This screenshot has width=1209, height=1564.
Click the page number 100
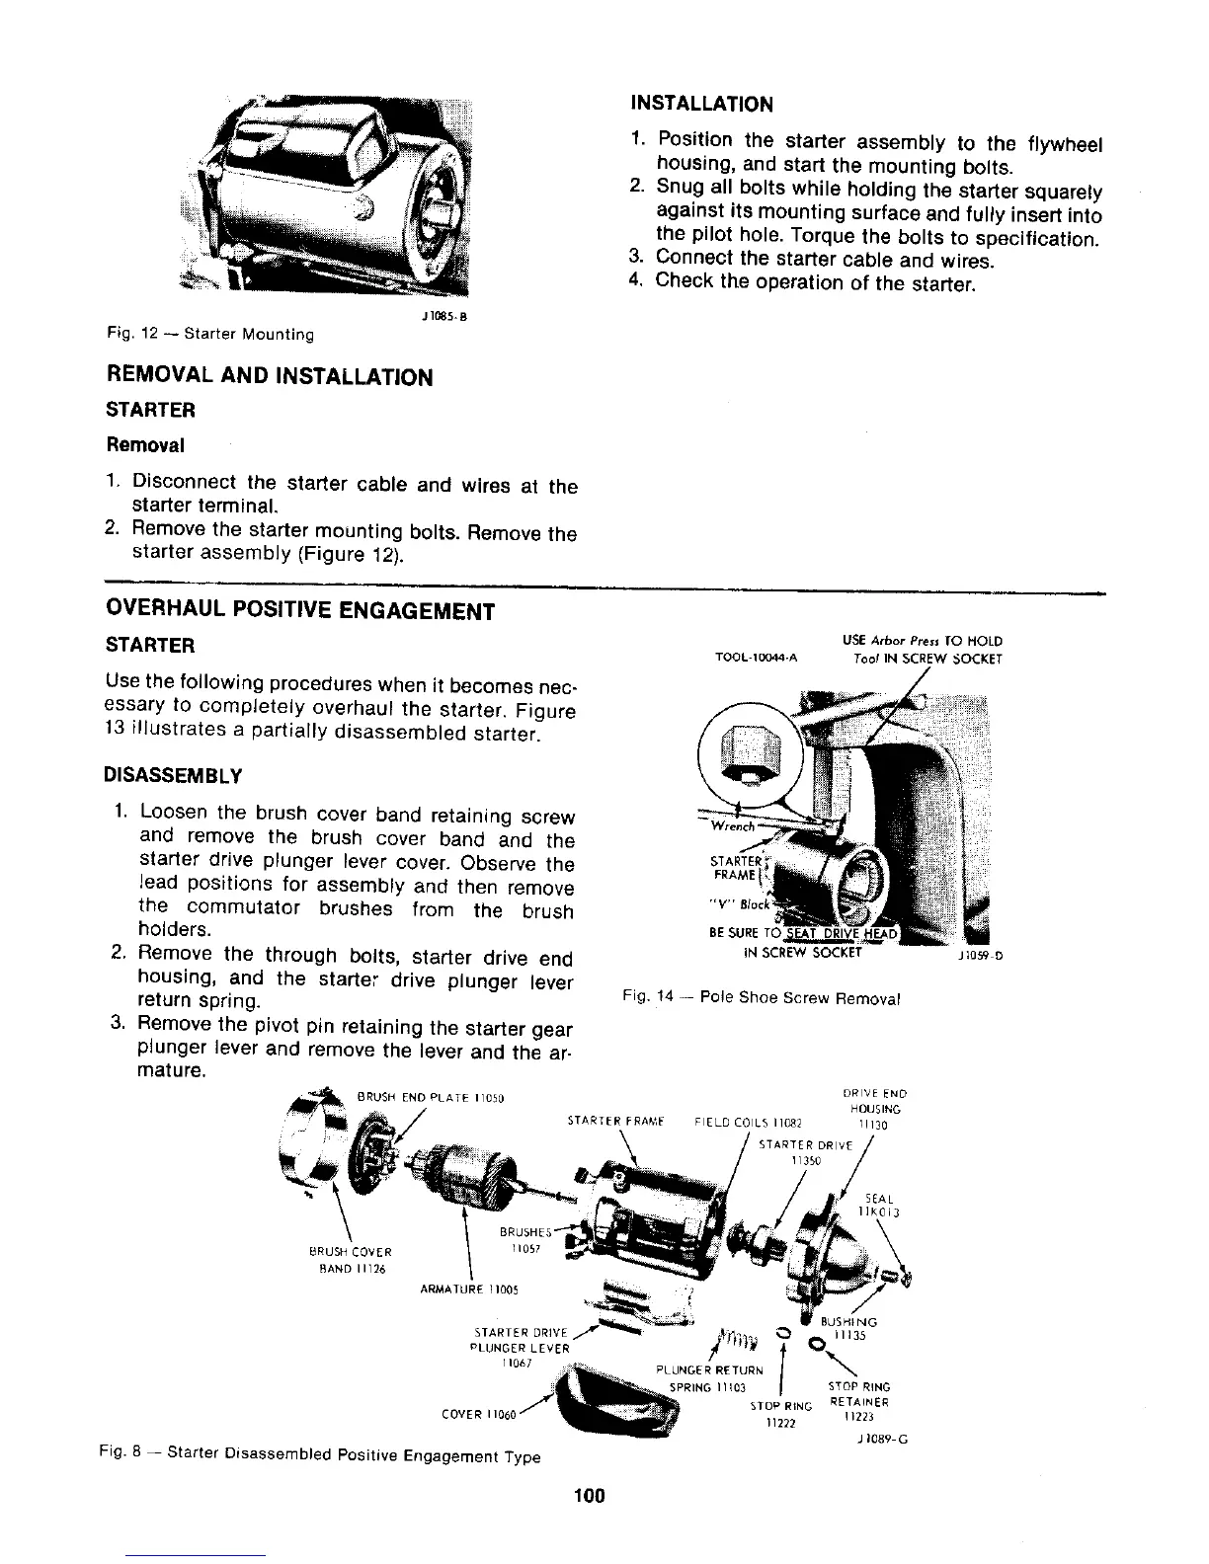[588, 1496]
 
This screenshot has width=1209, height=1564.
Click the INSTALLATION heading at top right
[701, 104]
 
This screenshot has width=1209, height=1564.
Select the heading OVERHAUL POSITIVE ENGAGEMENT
[298, 611]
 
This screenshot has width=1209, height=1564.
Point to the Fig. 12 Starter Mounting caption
[209, 335]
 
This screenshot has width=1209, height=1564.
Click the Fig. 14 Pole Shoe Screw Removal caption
[761, 997]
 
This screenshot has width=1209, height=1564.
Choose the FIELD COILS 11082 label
[754, 1122]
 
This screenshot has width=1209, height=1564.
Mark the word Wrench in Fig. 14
[734, 826]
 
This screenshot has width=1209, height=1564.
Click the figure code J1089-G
[883, 1439]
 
